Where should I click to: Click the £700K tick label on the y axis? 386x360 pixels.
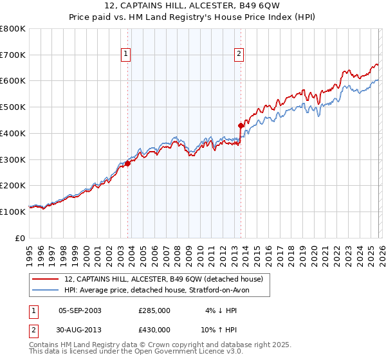[13, 55]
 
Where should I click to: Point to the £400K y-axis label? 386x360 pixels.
[13, 133]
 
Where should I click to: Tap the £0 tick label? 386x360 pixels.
[19, 238]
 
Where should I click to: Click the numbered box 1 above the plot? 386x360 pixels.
[125, 55]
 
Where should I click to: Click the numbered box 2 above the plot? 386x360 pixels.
[239, 55]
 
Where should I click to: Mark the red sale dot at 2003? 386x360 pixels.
[127, 163]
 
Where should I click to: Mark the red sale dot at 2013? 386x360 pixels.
[241, 125]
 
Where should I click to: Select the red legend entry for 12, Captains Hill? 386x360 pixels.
[164, 279]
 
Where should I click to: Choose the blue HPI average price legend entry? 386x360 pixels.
[161, 291]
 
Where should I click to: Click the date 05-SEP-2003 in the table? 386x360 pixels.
[80, 310]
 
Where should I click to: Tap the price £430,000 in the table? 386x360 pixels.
[154, 329]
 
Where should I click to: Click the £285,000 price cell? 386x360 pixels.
[154, 310]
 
